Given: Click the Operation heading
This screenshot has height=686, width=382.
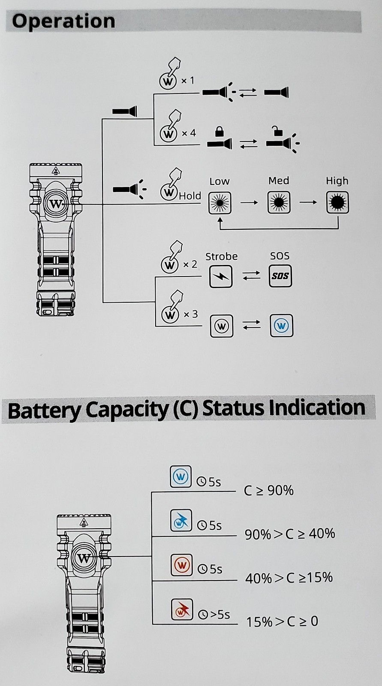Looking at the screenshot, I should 63,21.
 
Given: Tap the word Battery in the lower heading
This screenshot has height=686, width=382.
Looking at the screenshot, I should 45,410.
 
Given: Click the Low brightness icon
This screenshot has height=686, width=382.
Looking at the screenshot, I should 220,203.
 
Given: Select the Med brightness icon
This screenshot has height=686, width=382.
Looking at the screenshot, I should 279,202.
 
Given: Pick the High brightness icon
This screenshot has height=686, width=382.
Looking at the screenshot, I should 337,202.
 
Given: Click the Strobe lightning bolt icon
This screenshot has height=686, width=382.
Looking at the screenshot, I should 221,277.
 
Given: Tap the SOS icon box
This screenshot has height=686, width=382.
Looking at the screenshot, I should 280,276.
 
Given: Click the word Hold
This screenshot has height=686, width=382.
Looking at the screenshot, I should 190,196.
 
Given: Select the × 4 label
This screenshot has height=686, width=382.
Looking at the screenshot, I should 189,133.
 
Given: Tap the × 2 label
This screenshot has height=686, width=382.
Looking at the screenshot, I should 190,265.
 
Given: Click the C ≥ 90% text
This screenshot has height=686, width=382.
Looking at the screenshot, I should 269,490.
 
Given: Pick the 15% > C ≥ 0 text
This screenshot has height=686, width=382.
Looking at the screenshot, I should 282,621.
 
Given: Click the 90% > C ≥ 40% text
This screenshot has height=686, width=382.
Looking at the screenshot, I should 290,534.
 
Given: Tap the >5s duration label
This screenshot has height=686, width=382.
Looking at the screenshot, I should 218,614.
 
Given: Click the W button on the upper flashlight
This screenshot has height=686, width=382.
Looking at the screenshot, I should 55,205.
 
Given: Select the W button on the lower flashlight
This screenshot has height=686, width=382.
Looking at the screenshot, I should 84,559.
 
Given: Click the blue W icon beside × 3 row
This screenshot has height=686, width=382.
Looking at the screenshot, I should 281,326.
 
